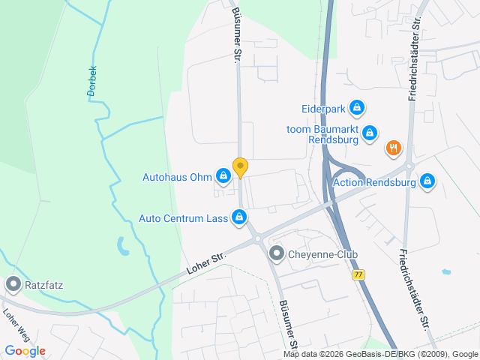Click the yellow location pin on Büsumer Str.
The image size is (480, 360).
pyautogui.click(x=240, y=167)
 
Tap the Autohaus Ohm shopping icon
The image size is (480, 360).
pyautogui.click(x=223, y=176)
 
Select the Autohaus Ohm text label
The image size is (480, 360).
pyautogui.click(x=178, y=178)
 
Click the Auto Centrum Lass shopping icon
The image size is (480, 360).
pyautogui.click(x=238, y=217)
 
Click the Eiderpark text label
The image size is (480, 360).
pyautogui.click(x=322, y=109)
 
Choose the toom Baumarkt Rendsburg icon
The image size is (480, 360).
pyautogui.click(x=370, y=133)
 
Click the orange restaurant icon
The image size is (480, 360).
pyautogui.click(x=392, y=148)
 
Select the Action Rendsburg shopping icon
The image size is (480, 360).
pyautogui.click(x=427, y=181)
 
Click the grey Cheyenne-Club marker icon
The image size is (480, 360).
pyautogui.click(x=277, y=254)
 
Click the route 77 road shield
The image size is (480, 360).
pyautogui.click(x=358, y=275)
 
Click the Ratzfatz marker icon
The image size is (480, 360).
pyautogui.click(x=13, y=284)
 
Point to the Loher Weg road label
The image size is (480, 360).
pyautogui.click(x=15, y=325)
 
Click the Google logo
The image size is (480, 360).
pyautogui.click(x=25, y=350)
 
